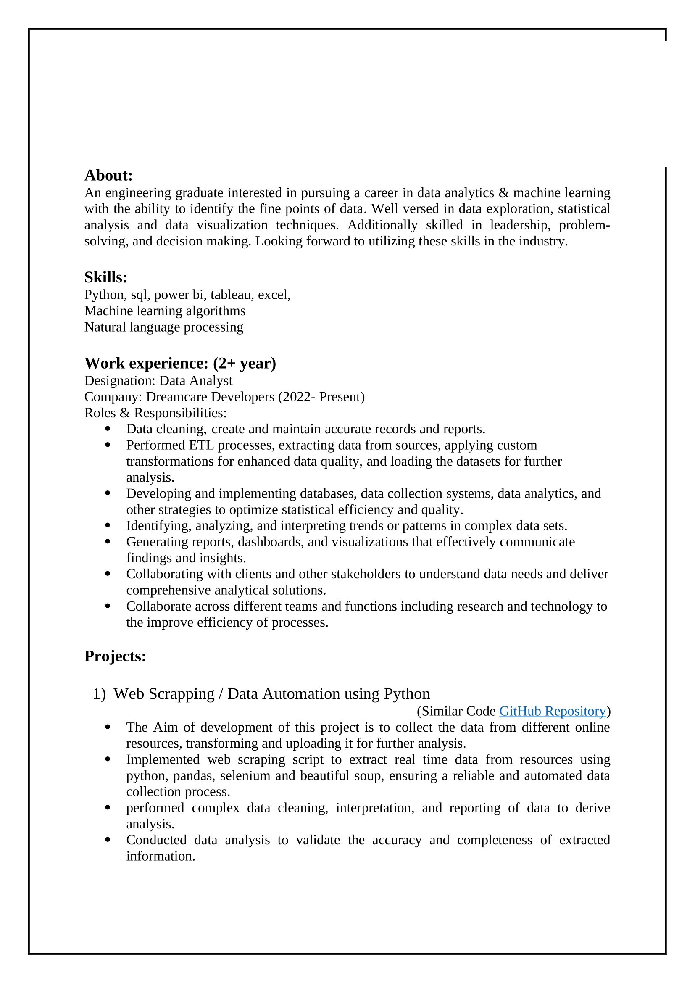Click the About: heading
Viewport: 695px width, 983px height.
click(108, 176)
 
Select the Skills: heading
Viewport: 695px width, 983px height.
click(106, 277)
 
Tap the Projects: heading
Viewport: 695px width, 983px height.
click(115, 656)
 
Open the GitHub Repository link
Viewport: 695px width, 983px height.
click(553, 711)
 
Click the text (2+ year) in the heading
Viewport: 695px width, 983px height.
click(245, 364)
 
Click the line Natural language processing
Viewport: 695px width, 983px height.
click(163, 327)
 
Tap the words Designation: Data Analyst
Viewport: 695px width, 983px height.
click(158, 381)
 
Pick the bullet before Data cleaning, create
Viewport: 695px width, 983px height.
click(107, 429)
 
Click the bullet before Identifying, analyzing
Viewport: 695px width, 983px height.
click(107, 525)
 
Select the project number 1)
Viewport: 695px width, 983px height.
click(99, 694)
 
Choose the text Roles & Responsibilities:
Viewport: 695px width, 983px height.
click(155, 413)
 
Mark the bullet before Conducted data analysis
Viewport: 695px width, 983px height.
click(107, 840)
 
